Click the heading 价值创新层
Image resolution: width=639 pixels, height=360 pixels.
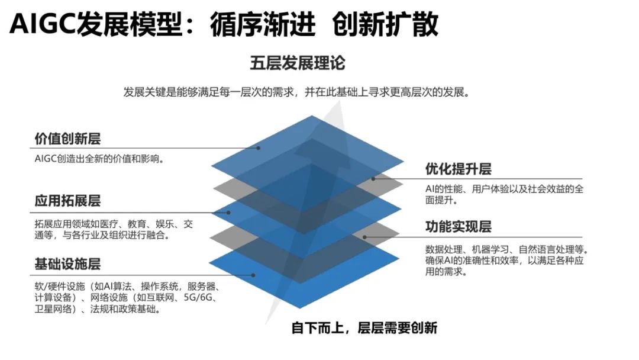click(x=67, y=139)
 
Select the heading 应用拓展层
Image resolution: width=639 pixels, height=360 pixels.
click(x=67, y=201)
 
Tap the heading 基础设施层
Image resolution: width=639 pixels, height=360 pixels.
click(x=67, y=263)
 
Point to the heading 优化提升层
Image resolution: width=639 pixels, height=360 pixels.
click(x=458, y=169)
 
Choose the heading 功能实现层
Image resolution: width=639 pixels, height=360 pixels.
click(x=458, y=226)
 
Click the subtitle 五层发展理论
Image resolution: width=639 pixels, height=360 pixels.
click(x=298, y=63)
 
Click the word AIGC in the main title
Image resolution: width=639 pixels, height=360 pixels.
click(x=42, y=24)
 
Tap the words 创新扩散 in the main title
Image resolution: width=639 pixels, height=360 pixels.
click(x=385, y=24)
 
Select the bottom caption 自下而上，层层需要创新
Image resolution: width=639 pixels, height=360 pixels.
click(x=364, y=328)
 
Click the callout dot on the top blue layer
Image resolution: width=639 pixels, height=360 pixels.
click(x=259, y=148)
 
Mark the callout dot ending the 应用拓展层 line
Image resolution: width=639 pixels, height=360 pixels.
click(x=228, y=213)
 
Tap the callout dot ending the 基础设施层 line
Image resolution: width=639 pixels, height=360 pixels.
click(x=253, y=275)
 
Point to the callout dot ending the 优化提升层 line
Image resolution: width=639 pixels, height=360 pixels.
click(x=373, y=179)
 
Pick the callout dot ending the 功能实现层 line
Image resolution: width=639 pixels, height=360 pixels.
click(x=364, y=237)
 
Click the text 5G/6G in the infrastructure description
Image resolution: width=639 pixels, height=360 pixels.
click(x=198, y=297)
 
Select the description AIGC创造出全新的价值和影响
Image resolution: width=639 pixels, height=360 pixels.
click(x=99, y=159)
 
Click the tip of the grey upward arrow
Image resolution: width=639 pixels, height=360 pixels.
click(x=339, y=101)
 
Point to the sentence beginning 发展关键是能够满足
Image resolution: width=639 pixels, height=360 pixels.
click(x=297, y=92)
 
